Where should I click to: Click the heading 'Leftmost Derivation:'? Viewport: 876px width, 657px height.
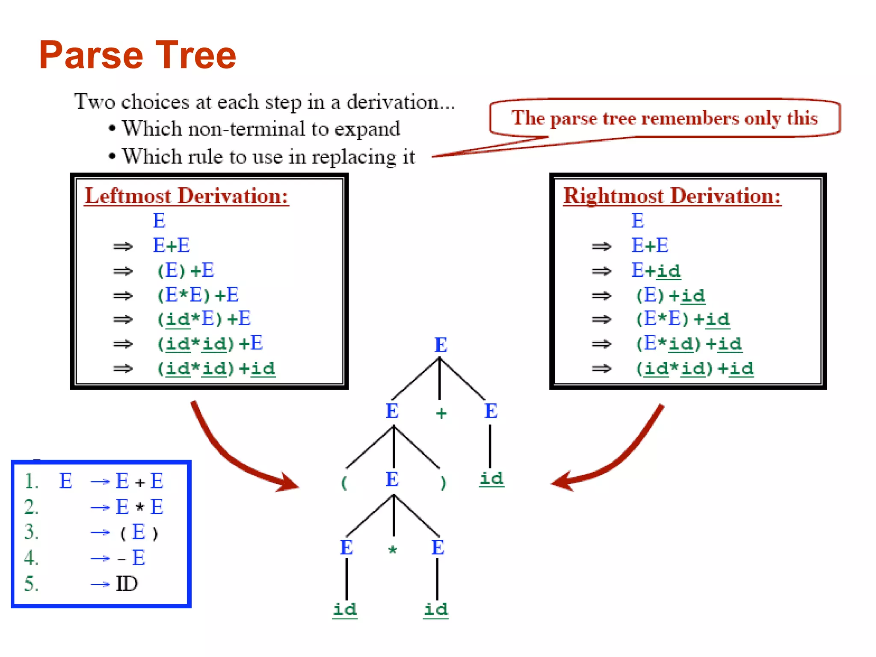point(186,196)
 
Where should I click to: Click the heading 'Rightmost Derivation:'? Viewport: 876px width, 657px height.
point(672,196)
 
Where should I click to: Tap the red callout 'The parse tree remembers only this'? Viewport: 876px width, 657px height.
point(664,118)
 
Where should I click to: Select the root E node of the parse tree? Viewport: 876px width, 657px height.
point(441,345)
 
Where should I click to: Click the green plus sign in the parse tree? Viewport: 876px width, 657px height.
point(441,413)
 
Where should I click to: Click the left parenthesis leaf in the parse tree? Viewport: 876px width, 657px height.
point(344,483)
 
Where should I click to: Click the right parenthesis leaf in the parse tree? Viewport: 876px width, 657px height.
point(443,483)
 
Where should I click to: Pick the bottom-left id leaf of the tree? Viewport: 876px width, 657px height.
point(345,609)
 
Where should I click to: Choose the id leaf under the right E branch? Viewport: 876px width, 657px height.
point(491,478)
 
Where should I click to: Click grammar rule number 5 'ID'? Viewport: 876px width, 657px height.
point(127,584)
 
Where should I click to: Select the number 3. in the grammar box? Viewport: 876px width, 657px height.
point(31,532)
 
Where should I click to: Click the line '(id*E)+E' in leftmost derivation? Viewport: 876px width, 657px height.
point(204,319)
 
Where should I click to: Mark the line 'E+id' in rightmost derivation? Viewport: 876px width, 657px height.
point(656,271)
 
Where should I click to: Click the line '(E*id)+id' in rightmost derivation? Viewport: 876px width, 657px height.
point(689,344)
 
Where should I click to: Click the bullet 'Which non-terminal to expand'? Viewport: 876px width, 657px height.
point(261,129)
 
